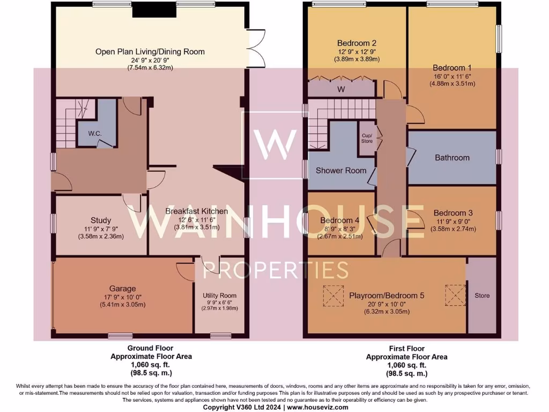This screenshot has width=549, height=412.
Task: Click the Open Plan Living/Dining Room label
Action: [x=150, y=51]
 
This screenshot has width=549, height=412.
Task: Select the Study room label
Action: [x=101, y=220]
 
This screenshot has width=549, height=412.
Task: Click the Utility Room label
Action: [x=219, y=296]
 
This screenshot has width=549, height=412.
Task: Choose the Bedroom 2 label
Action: [x=357, y=43]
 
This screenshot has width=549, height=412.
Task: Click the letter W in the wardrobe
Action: [x=340, y=89]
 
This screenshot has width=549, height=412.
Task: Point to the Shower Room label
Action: [x=341, y=171]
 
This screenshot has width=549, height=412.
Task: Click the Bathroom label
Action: [x=452, y=158]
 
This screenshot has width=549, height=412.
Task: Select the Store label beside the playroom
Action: [x=482, y=296]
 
